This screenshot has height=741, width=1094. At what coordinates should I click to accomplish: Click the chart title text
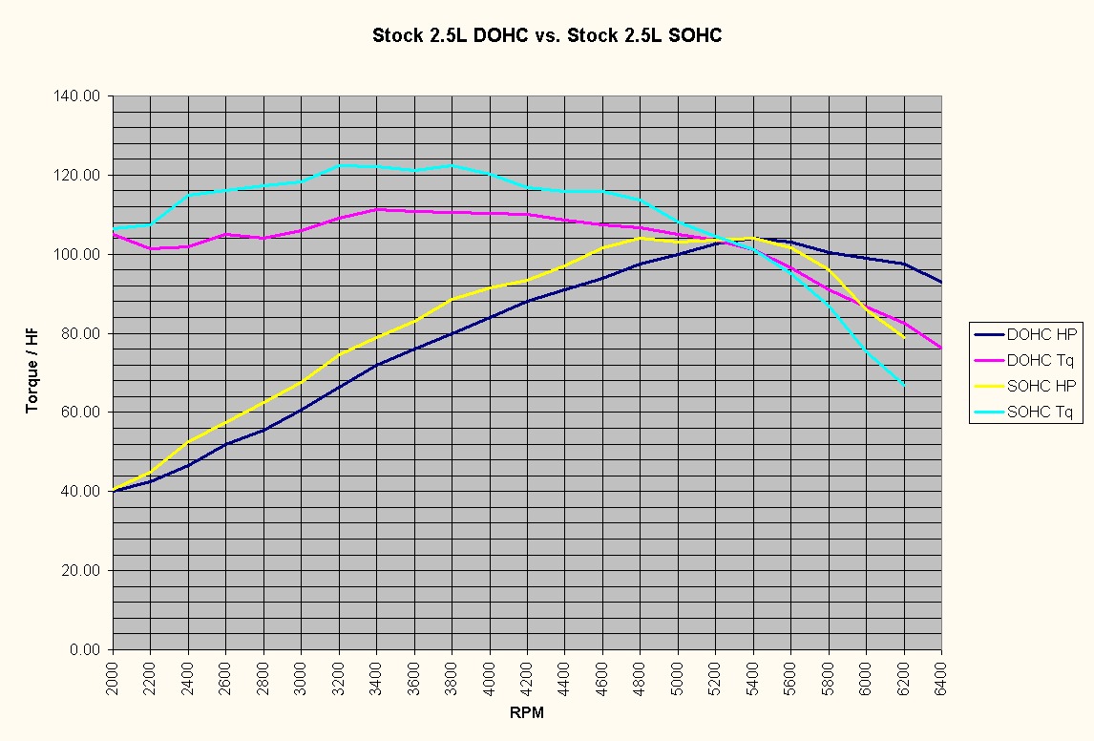(x=547, y=36)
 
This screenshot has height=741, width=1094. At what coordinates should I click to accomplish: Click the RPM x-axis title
(x=526, y=712)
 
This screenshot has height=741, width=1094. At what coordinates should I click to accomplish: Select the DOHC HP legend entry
(x=1041, y=334)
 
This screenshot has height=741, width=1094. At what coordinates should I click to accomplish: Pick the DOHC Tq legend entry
(x=1041, y=360)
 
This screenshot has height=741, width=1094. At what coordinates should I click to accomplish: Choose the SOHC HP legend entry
(x=1041, y=386)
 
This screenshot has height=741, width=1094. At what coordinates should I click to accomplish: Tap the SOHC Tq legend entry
(x=1041, y=412)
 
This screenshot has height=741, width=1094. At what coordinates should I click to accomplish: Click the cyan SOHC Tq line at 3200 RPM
(x=340, y=165)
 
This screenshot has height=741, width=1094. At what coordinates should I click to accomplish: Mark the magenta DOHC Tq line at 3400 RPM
(x=377, y=209)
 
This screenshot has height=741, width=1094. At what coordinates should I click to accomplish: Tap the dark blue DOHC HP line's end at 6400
(x=941, y=282)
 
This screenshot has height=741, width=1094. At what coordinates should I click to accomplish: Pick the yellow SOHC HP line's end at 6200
(x=903, y=337)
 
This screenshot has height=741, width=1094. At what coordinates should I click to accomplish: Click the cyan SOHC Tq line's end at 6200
(x=903, y=384)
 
